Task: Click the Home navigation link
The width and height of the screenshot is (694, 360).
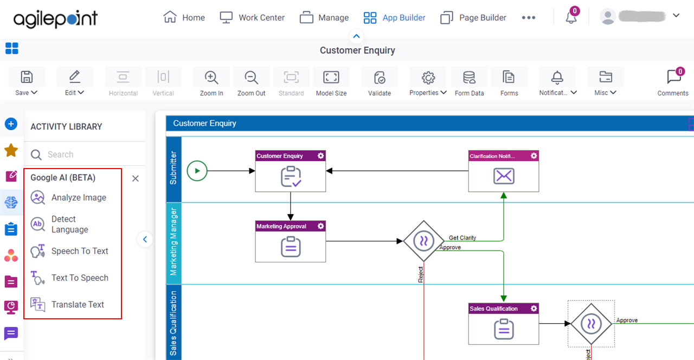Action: coord(184,17)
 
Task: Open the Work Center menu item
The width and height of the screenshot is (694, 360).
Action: coord(252,17)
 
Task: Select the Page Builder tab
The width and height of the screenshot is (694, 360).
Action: coord(473,17)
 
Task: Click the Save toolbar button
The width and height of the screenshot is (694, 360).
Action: coord(27,82)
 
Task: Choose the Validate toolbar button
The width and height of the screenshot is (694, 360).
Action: coord(379,82)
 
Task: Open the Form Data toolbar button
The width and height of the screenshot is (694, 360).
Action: coord(469,82)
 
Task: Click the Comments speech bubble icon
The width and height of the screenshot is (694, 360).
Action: coord(673,76)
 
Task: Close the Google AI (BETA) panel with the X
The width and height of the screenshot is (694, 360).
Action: coord(136,178)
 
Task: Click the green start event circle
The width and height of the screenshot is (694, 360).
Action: coord(197,171)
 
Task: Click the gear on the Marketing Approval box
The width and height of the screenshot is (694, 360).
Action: coord(320,226)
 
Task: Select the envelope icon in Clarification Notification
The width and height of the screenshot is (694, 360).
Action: coord(504,176)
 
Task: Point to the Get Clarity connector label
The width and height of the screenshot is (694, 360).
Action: coord(462,237)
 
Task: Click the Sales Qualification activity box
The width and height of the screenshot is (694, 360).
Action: coord(504,324)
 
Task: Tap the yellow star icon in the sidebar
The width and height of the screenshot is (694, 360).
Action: coord(11,150)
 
